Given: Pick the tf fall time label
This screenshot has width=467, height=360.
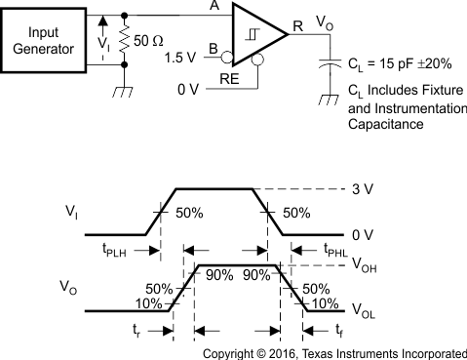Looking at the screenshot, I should click(x=336, y=330).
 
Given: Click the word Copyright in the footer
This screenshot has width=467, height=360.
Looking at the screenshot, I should click(x=234, y=353).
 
